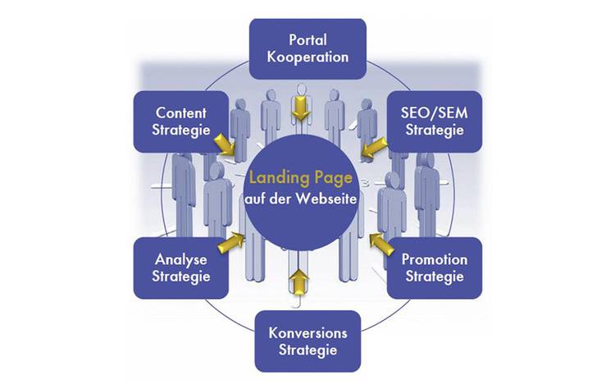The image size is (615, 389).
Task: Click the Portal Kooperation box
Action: pos(307,49)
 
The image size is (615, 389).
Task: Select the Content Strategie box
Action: pos(180,121)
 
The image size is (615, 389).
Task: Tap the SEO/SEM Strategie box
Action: pos(434,121)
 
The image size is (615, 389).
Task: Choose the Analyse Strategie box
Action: pos(180,268)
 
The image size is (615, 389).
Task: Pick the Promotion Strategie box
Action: pos(435,268)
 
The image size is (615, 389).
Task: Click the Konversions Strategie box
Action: pos(307,341)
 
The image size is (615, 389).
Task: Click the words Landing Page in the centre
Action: pos(302,176)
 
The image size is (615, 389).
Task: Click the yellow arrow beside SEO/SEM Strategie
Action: pos(375,148)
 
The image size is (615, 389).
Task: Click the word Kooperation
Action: pos(307,57)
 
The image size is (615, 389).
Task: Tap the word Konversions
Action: pos(307,333)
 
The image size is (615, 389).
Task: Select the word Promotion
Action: pos(435,259)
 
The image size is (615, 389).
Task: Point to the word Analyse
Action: pos(180,259)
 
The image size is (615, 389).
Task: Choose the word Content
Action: pos(180,113)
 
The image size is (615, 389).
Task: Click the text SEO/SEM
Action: pos(434,113)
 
